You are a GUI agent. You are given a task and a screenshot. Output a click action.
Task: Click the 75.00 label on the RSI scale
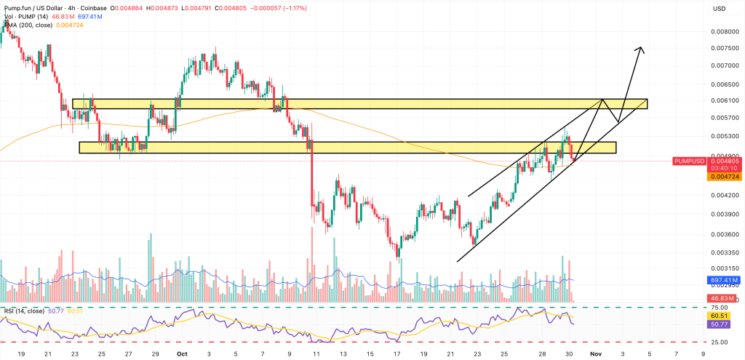point(719,308)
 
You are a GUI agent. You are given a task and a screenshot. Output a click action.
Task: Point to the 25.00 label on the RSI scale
point(719,342)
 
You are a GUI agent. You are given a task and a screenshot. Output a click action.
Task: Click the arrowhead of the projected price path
point(640,49)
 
